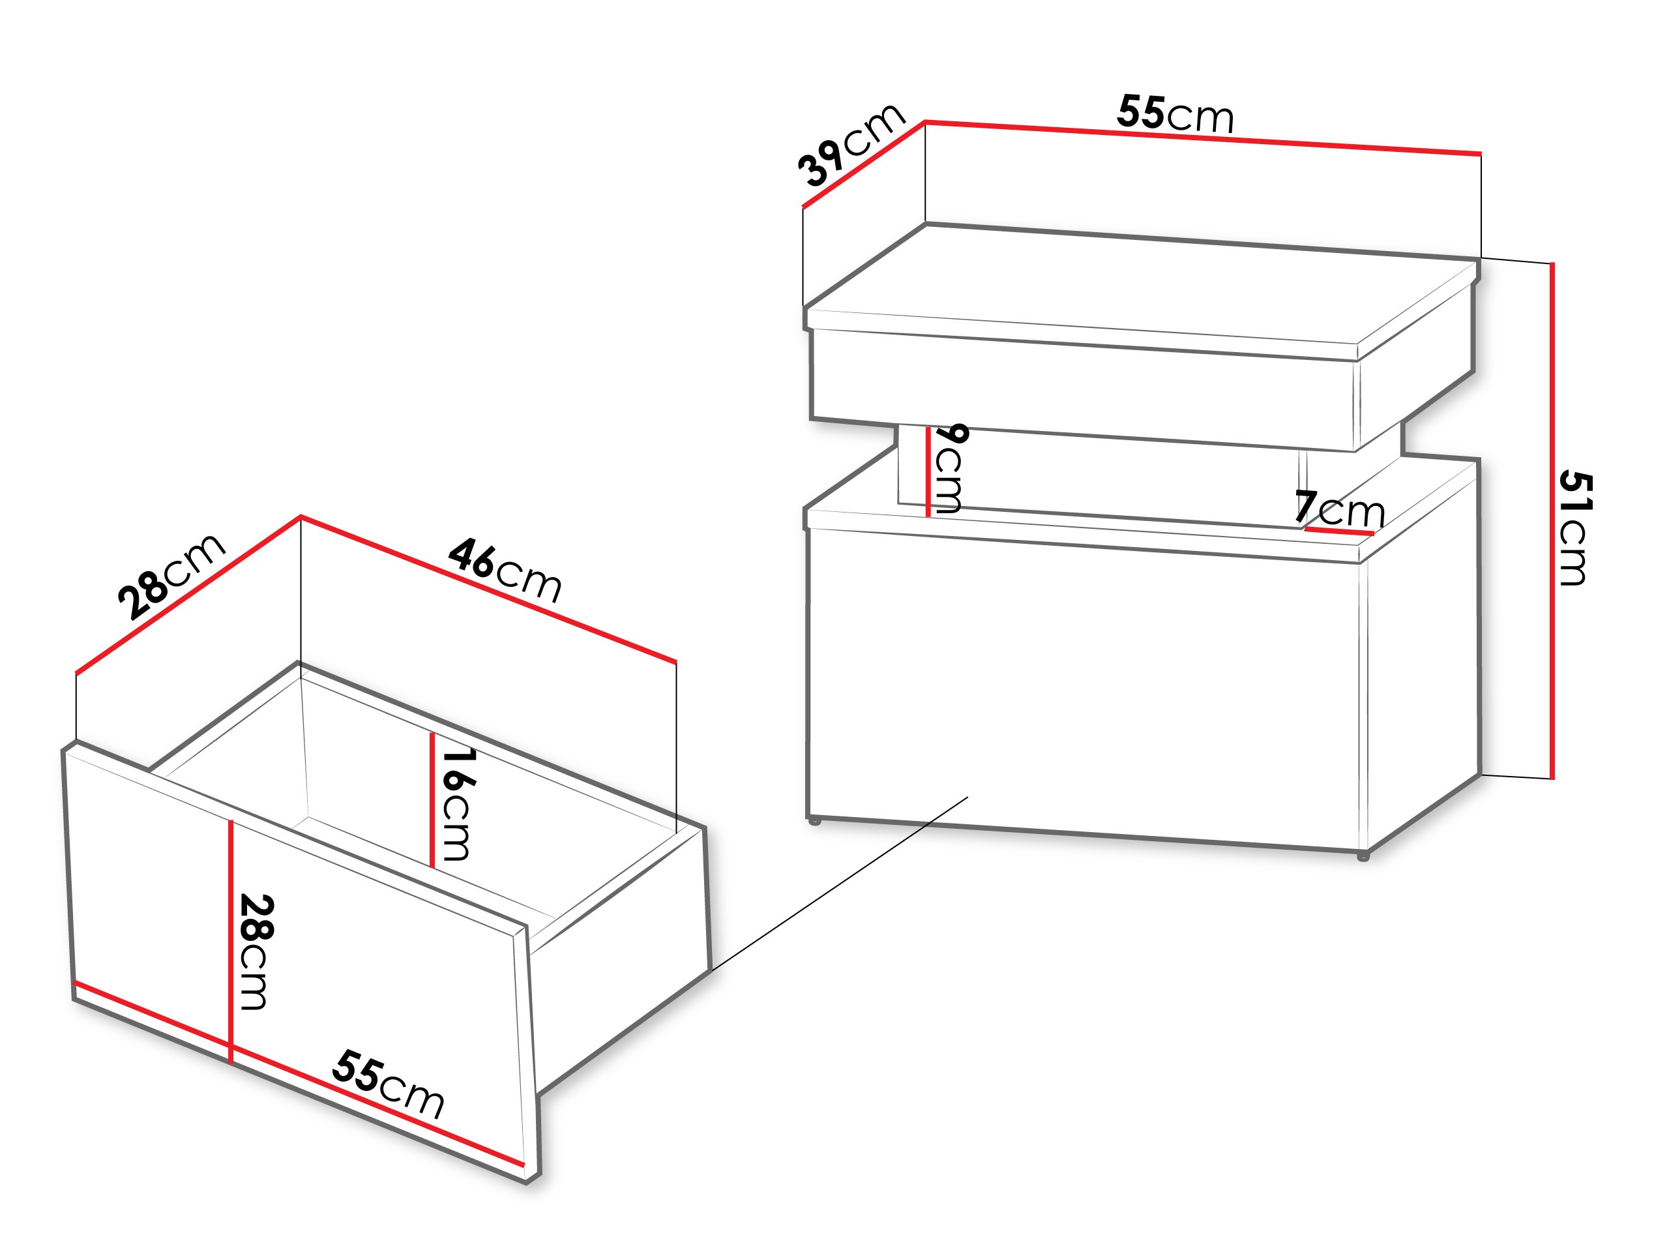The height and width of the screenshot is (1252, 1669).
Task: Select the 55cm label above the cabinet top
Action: pyautogui.click(x=1175, y=114)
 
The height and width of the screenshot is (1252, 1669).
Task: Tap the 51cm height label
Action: pyautogui.click(x=1575, y=528)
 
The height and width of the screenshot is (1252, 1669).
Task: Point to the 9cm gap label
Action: pyautogui.click(x=950, y=469)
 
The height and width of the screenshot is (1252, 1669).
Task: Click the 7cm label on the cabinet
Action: pyautogui.click(x=1339, y=509)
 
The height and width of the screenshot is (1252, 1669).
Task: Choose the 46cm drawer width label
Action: pyautogui.click(x=505, y=571)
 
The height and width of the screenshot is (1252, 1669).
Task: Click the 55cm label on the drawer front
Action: pyautogui.click(x=388, y=1084)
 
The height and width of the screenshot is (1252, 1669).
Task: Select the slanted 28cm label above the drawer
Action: pyautogui.click(x=171, y=576)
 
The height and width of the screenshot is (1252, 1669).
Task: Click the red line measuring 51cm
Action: pyautogui.click(x=1552, y=521)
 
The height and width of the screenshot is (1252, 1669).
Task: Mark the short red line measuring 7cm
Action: pyautogui.click(x=1338, y=532)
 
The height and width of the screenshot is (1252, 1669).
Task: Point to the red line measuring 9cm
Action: pyautogui.click(x=927, y=471)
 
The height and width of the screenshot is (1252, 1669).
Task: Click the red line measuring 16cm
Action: pyautogui.click(x=432, y=800)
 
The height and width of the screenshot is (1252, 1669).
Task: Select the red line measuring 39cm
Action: pyautogui.click(x=864, y=164)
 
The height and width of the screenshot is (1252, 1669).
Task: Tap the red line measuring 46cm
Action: pyautogui.click(x=488, y=589)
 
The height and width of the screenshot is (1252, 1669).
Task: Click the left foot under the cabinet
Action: pyautogui.click(x=814, y=820)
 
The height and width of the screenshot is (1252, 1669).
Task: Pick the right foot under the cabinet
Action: pyautogui.click(x=1363, y=857)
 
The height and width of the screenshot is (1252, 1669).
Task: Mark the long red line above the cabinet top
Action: pyautogui.click(x=1203, y=138)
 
